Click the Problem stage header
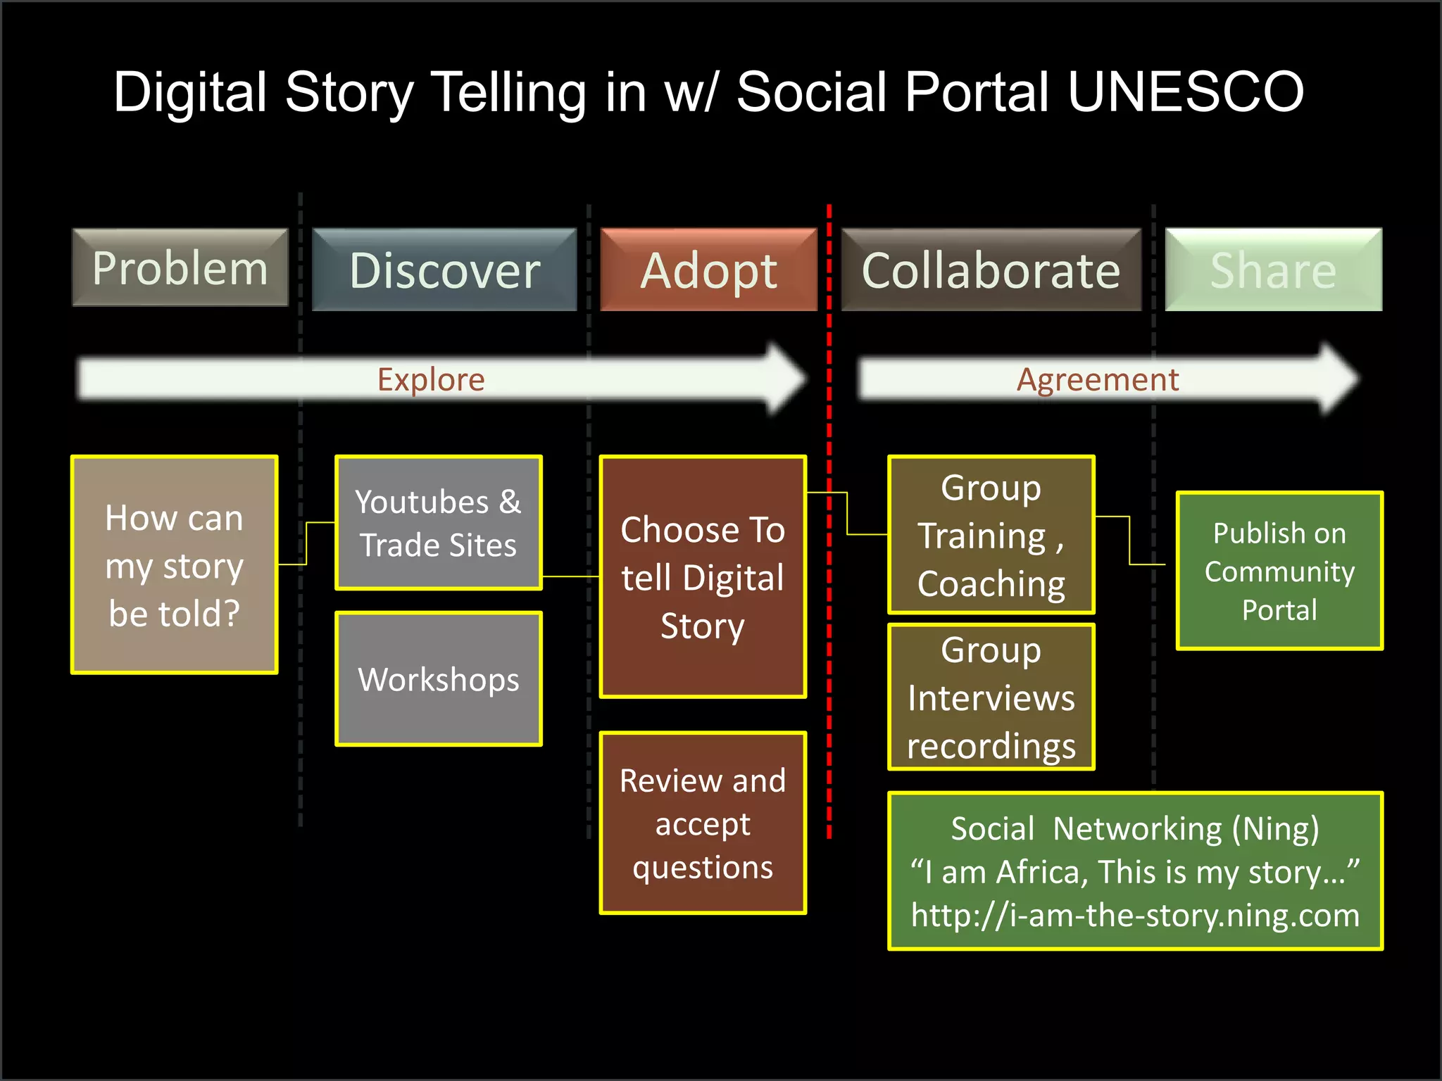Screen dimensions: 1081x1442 [180, 268]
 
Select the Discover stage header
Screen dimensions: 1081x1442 [444, 270]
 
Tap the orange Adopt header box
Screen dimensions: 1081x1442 [708, 270]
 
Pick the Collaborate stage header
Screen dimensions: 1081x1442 [991, 270]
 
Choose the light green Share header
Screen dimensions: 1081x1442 [1273, 270]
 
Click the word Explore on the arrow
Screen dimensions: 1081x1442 [431, 380]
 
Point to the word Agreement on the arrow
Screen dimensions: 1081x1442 [1097, 380]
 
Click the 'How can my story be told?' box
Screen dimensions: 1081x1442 [175, 565]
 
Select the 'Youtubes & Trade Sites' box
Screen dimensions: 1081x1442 [439, 523]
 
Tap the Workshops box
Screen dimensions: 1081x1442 [439, 679]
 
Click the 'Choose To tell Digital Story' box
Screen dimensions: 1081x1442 [703, 577]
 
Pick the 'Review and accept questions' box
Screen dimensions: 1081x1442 [703, 823]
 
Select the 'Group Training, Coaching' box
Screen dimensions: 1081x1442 [991, 535]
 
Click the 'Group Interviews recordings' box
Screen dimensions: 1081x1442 [991, 697]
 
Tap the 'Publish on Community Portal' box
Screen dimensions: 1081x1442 [1279, 571]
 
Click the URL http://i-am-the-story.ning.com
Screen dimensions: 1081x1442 [1135, 916]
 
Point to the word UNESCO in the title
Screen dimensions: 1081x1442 [1186, 92]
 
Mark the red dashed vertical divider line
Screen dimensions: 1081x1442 [829, 633]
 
